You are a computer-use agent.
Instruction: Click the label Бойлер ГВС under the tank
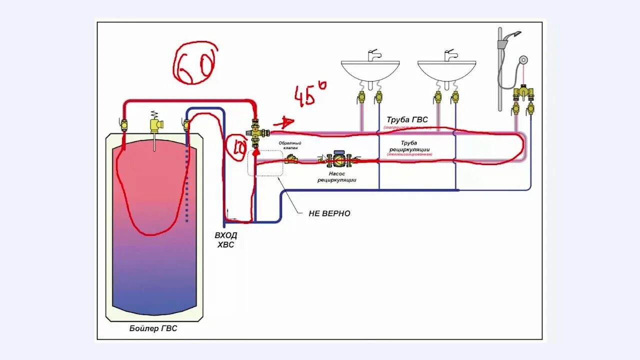point(153,328)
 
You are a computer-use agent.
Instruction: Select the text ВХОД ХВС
point(225,240)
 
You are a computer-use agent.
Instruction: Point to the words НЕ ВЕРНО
point(329,213)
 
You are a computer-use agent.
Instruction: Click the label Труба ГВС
point(407,120)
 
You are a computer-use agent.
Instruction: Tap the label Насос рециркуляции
point(336,177)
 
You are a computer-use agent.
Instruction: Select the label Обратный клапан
point(290,145)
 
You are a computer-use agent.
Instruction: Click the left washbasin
point(370,70)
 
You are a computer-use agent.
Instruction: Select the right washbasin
point(446,70)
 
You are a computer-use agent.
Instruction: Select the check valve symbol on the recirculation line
point(291,159)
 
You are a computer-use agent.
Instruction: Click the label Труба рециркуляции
point(408,146)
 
